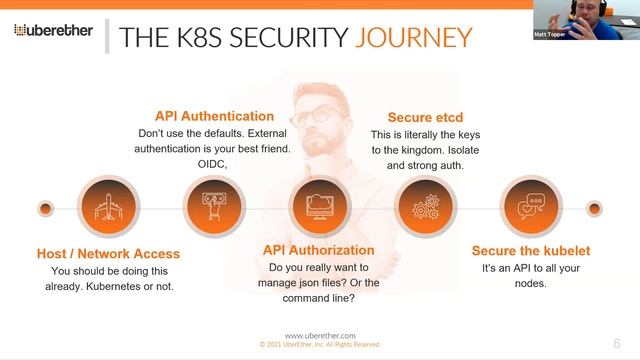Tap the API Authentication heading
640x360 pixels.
tap(213, 116)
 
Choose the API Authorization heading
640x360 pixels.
tap(318, 250)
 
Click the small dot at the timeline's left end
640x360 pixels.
tap(45, 208)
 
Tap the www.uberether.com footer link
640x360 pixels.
tap(319, 336)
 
